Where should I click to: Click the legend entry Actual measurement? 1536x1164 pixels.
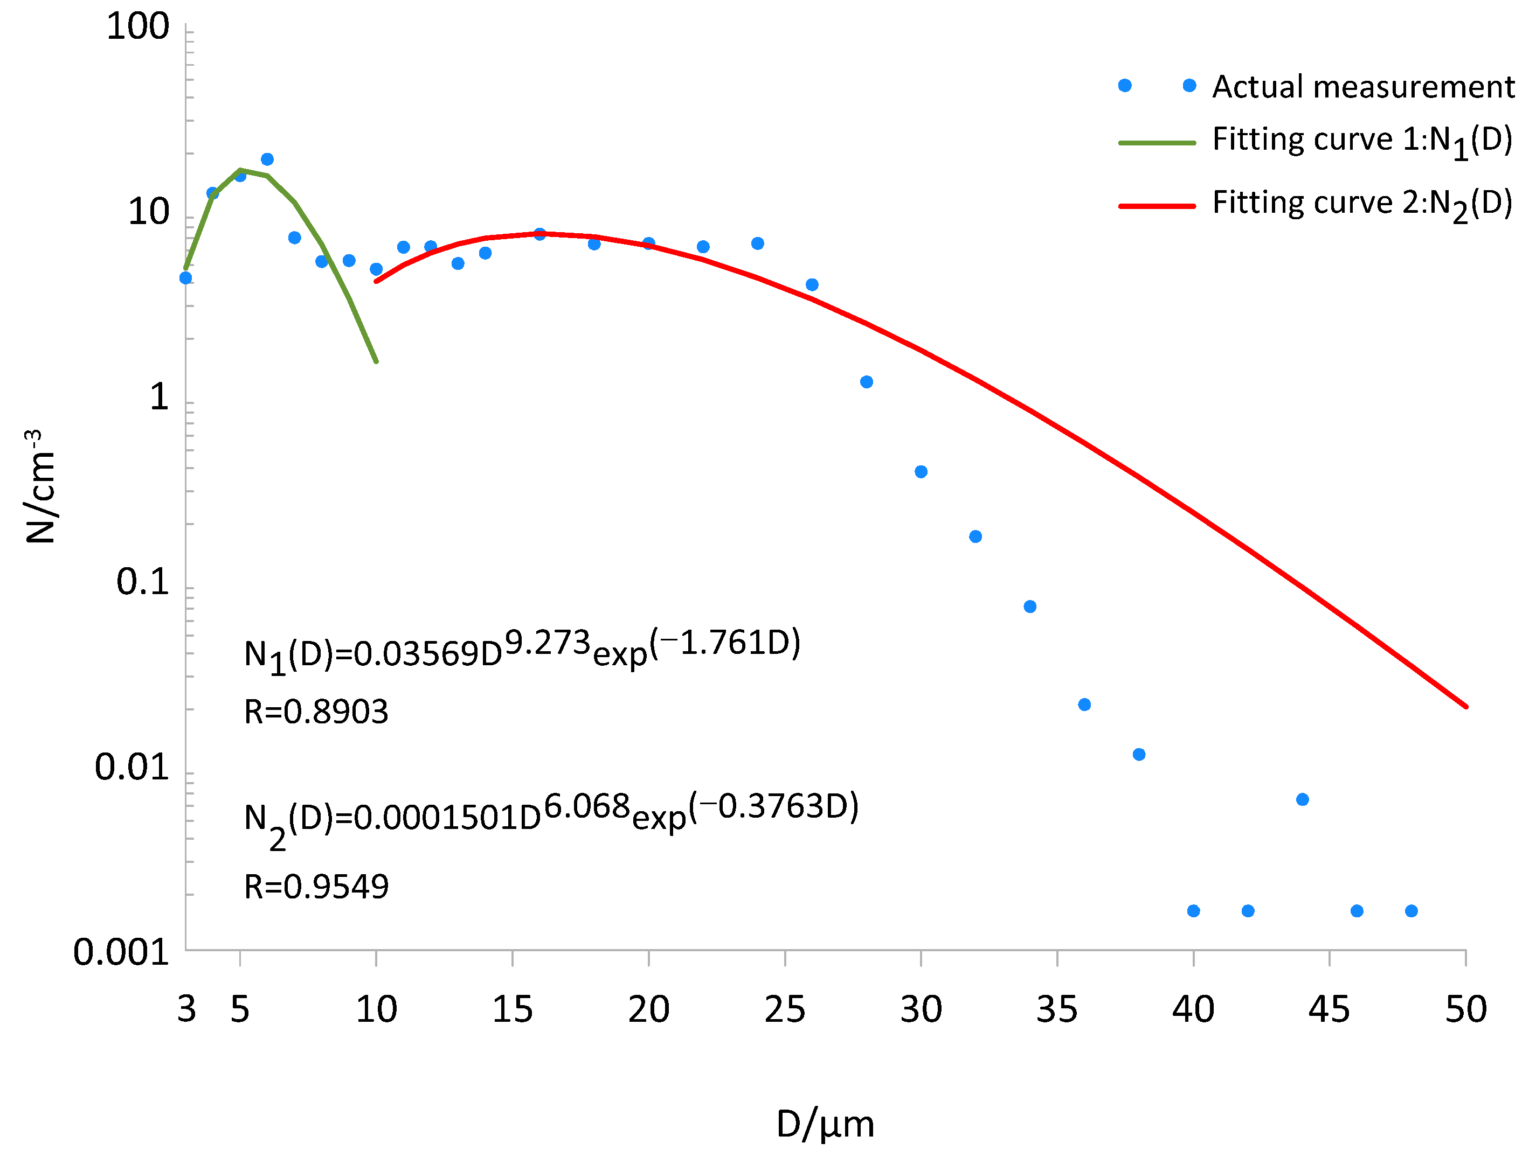pos(1362,87)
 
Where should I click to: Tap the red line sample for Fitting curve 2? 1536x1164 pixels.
pos(1157,206)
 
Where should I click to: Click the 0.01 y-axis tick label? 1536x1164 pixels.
pos(132,767)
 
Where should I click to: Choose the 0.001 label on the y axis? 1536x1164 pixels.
pos(121,952)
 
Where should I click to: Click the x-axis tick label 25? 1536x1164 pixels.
pos(785,1010)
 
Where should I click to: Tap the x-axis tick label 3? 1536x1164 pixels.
pos(186,1010)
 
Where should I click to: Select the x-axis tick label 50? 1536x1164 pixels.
pos(1465,1010)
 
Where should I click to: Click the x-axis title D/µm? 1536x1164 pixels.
pos(825,1125)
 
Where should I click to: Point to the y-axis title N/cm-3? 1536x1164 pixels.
pos(40,486)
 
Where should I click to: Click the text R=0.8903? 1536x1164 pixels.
pos(316,712)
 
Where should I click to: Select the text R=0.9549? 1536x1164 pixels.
pos(316,887)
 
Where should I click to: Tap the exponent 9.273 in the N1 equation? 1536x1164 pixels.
pos(546,643)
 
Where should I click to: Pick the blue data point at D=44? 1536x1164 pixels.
pos(1302,799)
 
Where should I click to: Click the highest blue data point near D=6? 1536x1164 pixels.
pos(267,159)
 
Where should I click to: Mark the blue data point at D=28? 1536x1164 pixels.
pos(866,382)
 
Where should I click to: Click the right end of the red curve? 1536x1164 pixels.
pos(1465,707)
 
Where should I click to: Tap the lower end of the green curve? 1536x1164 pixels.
pos(376,361)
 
